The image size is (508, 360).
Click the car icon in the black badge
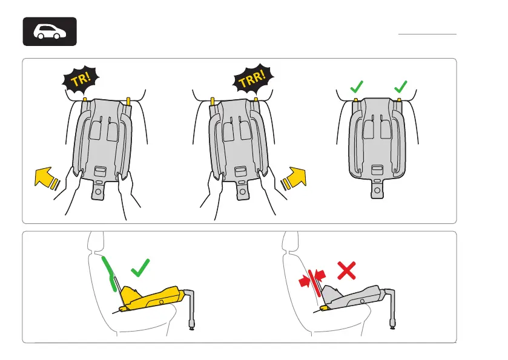point(50,31)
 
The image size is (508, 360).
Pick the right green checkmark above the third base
point(400,87)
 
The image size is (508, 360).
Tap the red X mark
point(346,270)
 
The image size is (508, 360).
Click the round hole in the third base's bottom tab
point(377,190)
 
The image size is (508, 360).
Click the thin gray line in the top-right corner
point(427,34)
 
